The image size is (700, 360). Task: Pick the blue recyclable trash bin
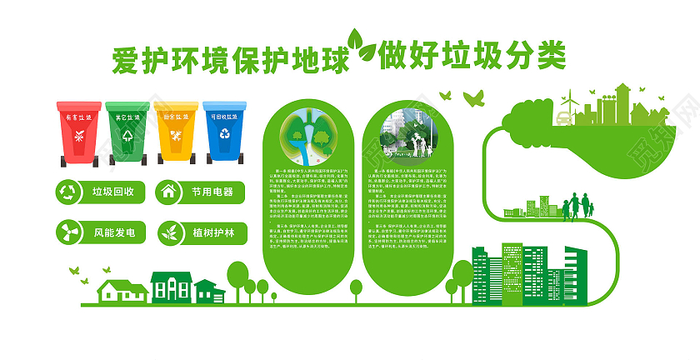pos(224,132)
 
